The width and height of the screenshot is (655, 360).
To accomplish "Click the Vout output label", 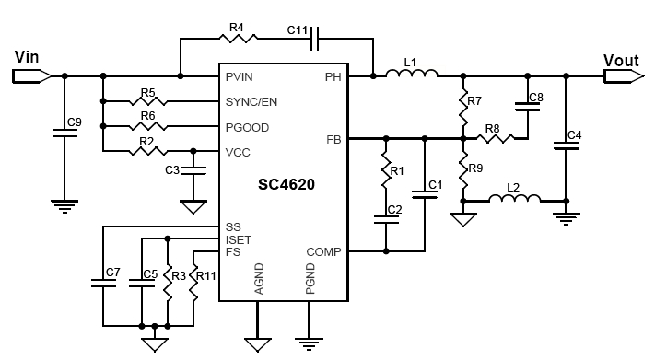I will click(x=621, y=61).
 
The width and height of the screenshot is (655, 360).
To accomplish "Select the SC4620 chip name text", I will click(x=286, y=184).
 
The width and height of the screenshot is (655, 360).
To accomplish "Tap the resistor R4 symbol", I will click(x=238, y=39).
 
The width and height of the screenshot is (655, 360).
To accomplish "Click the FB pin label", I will click(x=333, y=139).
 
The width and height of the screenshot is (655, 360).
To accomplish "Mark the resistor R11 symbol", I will click(x=195, y=285).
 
